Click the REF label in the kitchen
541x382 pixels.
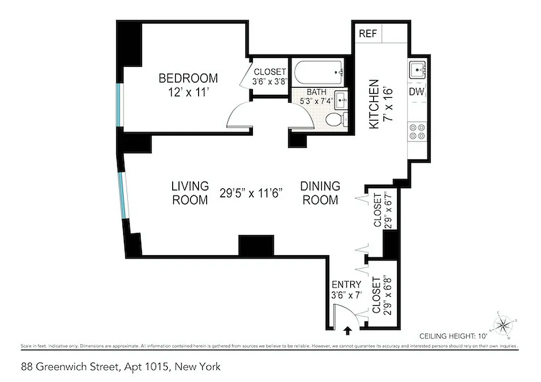click(x=368, y=34)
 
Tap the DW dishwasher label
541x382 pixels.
click(x=417, y=92)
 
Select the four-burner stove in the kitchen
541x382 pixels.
click(x=417, y=131)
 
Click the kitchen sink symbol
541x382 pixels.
click(x=417, y=70)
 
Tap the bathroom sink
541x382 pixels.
click(x=341, y=100)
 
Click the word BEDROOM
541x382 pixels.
click(x=188, y=78)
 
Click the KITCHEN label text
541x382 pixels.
click(x=374, y=104)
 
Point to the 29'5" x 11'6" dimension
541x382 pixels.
click(x=252, y=193)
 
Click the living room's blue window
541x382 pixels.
click(x=124, y=196)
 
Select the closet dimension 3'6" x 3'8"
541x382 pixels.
click(x=269, y=81)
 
